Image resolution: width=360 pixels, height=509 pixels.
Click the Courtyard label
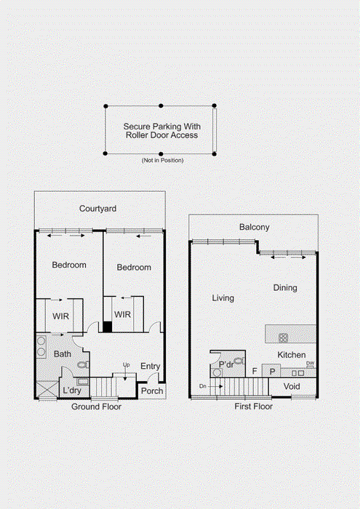click(97, 209)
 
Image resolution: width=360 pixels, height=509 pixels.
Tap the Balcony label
click(254, 227)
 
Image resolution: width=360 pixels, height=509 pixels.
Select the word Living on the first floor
click(223, 298)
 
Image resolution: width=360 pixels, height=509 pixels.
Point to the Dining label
click(285, 288)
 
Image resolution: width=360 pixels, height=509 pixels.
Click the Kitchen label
click(291, 355)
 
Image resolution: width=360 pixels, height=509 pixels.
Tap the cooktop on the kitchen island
click(283, 338)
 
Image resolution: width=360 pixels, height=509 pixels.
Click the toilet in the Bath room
click(83, 364)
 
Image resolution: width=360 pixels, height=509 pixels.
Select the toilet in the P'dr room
click(239, 361)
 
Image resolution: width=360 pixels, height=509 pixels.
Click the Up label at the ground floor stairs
click(127, 365)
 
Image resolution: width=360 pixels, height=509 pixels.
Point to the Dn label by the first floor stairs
click(203, 386)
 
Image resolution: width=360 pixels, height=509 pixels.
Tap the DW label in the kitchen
click(311, 364)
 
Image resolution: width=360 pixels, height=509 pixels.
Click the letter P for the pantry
click(272, 372)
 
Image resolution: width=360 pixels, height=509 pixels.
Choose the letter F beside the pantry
click(255, 371)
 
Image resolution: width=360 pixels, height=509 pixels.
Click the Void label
click(292, 386)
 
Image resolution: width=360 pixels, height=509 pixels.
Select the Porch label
click(152, 391)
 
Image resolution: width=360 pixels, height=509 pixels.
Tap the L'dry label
click(72, 390)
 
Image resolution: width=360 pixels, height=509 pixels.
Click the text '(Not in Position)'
click(163, 161)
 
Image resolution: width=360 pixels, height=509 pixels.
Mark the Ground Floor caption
click(97, 406)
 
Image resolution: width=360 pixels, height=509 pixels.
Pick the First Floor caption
click(254, 406)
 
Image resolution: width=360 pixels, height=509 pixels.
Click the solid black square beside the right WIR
click(108, 326)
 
